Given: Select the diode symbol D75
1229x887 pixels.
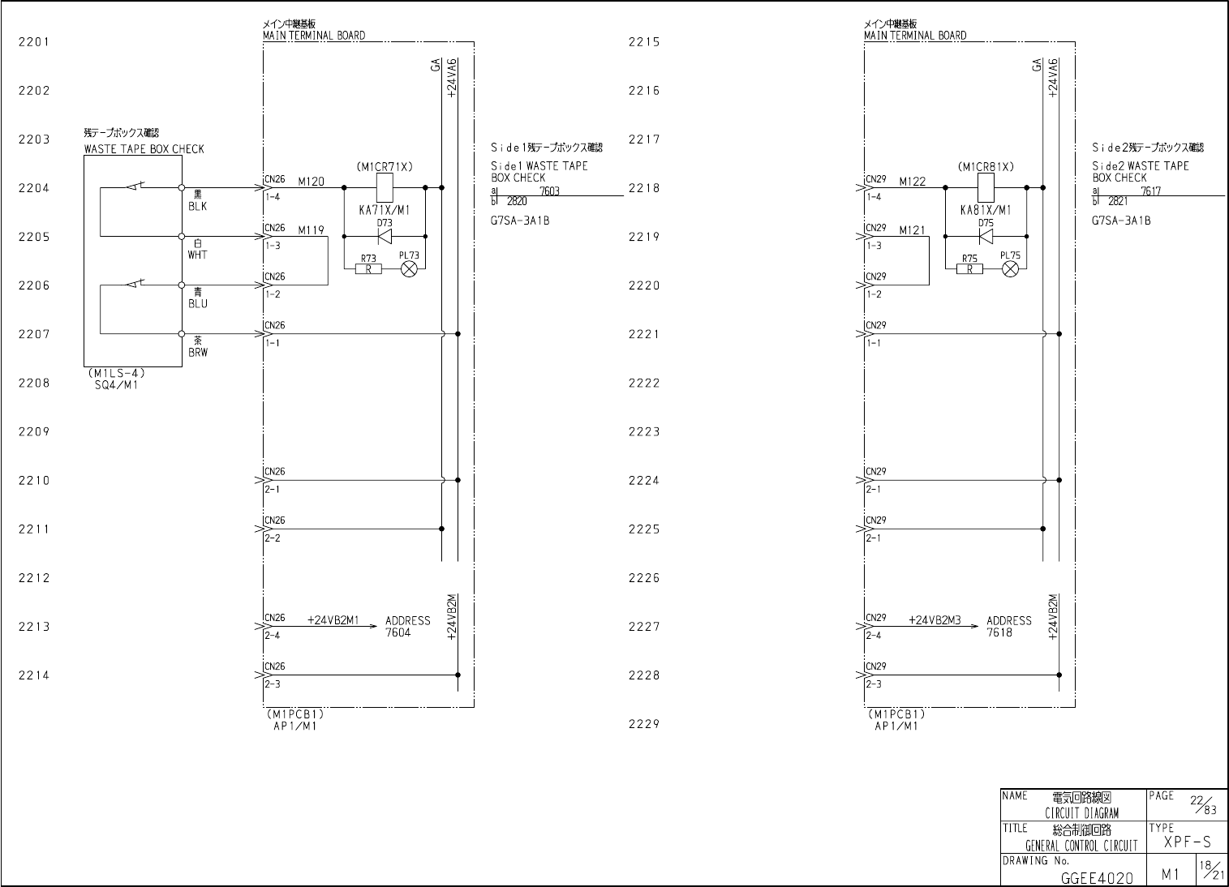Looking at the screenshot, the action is click(x=986, y=237).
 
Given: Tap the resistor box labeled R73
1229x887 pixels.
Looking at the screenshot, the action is click(x=368, y=269).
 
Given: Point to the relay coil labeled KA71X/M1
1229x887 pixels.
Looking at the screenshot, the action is click(x=385, y=188).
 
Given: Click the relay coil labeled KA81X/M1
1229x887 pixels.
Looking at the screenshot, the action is click(x=986, y=188).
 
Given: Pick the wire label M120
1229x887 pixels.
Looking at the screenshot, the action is click(x=311, y=182).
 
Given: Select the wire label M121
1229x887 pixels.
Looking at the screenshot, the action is click(x=912, y=230).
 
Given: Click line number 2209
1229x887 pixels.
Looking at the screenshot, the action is click(x=34, y=432).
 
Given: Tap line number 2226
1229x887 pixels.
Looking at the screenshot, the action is click(x=644, y=578).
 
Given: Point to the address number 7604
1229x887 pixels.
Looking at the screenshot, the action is click(x=398, y=632).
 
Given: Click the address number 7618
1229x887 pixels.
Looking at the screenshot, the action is click(x=999, y=632).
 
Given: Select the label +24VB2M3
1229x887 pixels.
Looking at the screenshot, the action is click(x=935, y=620).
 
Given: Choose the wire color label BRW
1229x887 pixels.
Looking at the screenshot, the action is click(x=198, y=353).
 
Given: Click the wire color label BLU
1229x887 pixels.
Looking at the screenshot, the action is click(x=198, y=304).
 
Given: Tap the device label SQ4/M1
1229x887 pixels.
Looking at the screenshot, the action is click(x=117, y=385).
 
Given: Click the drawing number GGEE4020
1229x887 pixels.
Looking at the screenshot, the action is click(x=1097, y=877).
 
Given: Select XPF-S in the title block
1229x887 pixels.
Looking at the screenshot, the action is click(x=1187, y=843).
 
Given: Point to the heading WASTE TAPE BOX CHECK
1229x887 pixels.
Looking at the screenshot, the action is click(x=144, y=149).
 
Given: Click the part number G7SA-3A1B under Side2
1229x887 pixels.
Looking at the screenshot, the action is click(x=1121, y=221).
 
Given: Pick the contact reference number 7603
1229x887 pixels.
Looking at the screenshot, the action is click(x=549, y=191).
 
